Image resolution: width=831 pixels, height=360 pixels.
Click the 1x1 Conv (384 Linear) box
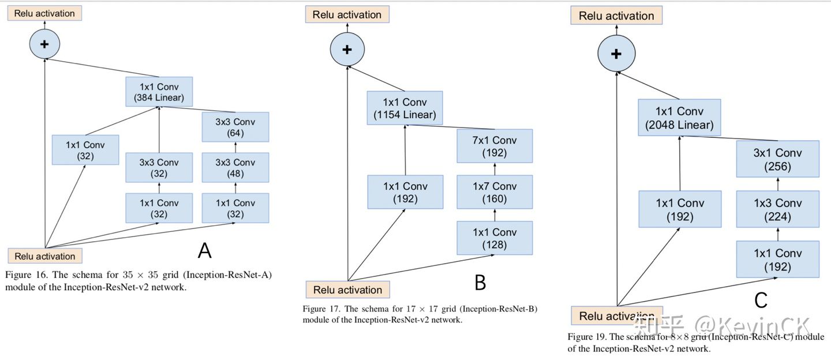point(159,92)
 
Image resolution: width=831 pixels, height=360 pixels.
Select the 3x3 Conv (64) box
point(235,127)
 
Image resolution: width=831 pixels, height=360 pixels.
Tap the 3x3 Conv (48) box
point(235,167)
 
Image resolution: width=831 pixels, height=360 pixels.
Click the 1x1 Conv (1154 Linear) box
point(405,108)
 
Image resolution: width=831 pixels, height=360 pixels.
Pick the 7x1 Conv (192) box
point(495,147)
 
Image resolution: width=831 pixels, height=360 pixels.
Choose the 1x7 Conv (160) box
point(495,192)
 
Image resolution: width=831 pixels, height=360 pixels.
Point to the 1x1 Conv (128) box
point(495,238)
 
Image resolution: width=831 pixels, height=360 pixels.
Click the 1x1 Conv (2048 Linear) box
point(679,118)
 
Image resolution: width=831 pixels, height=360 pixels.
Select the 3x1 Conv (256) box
point(777,159)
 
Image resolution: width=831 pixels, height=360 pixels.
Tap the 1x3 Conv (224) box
point(777,209)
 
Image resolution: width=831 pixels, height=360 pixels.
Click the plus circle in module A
point(44,44)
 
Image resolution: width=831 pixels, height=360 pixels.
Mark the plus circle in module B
point(347,49)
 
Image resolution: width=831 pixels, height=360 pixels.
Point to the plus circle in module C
point(616,54)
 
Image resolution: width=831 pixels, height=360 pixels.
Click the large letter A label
point(204,250)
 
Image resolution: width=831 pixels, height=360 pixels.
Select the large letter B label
point(480,283)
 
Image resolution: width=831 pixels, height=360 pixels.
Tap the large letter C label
point(761,300)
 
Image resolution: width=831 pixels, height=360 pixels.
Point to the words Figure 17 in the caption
point(321,309)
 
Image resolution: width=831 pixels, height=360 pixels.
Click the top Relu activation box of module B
point(347,14)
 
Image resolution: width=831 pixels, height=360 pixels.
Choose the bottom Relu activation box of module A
point(44,256)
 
